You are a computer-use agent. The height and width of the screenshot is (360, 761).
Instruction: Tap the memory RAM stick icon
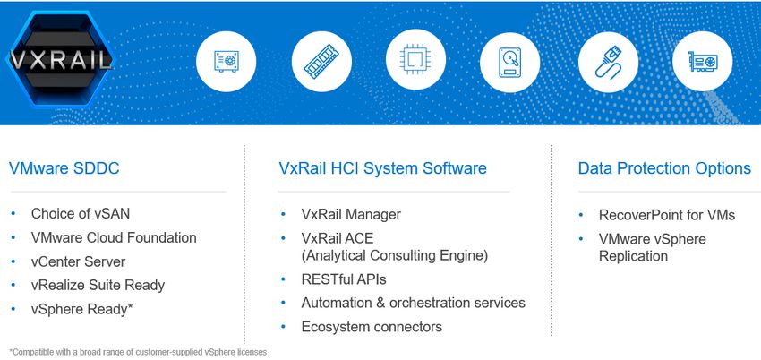click(321, 61)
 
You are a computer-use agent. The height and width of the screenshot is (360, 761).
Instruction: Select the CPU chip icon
click(415, 60)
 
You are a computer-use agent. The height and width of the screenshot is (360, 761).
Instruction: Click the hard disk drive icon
click(509, 62)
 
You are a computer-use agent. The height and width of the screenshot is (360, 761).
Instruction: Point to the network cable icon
click(608, 62)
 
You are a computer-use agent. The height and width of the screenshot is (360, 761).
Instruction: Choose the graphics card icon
click(702, 62)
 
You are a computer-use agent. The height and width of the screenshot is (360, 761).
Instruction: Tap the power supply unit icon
click(227, 61)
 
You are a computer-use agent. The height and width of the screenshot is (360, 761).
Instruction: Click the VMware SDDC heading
click(64, 168)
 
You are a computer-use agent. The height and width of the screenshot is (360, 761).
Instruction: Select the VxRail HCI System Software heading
click(382, 168)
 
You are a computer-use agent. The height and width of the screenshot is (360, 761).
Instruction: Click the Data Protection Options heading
click(664, 168)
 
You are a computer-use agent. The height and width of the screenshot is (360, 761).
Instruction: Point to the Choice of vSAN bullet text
click(80, 213)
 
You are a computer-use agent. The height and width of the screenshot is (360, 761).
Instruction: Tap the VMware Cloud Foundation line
click(114, 237)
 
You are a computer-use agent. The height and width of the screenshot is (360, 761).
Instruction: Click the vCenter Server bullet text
click(78, 261)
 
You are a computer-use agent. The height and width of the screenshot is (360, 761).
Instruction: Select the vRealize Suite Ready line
click(98, 285)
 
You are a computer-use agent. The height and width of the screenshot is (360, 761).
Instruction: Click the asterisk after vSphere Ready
click(130, 306)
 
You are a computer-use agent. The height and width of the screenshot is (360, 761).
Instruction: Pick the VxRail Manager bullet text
click(351, 214)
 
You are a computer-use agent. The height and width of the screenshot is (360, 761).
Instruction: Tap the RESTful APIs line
click(344, 279)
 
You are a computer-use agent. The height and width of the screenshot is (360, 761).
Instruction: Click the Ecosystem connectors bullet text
click(372, 327)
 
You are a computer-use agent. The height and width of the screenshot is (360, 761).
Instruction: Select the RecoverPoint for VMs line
click(667, 215)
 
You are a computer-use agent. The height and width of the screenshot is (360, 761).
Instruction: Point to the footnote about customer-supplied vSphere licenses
click(138, 352)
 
